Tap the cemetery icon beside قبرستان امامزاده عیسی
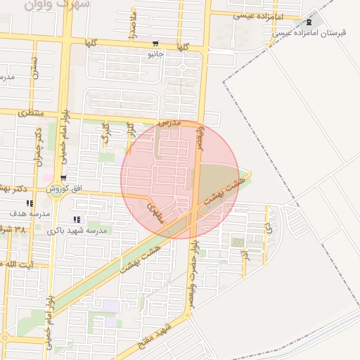308,22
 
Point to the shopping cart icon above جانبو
154,44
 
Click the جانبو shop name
155,53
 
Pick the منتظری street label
30,112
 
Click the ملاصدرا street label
132,25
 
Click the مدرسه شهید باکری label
77,230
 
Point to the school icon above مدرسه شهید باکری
77,220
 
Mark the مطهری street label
155,209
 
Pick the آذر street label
245,256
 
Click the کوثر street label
107,134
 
